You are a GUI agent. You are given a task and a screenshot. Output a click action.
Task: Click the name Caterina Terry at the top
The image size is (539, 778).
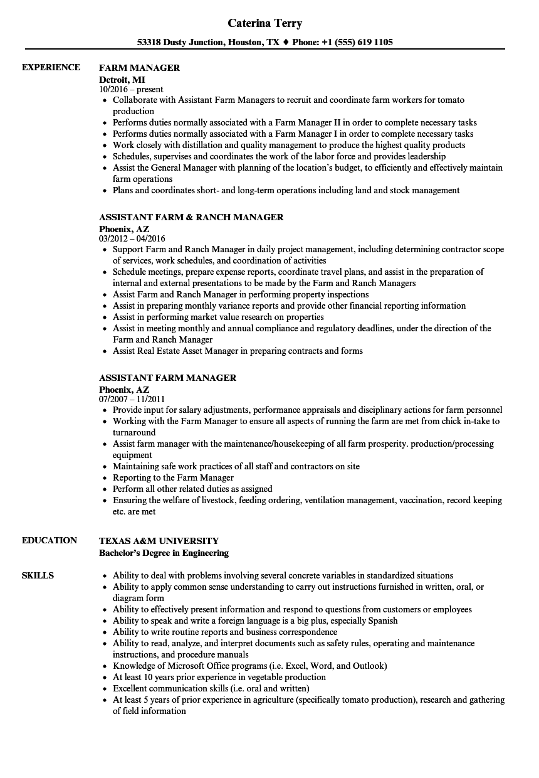[264, 23]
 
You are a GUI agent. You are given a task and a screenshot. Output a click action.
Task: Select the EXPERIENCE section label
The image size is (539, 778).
[51, 67]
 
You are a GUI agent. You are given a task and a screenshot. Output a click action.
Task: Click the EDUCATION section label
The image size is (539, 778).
[50, 540]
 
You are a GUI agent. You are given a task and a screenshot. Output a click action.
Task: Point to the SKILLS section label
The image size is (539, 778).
[38, 575]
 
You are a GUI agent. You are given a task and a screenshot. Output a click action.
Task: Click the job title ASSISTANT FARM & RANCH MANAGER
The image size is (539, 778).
[191, 217]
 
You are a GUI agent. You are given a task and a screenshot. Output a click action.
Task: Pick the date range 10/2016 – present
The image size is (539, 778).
[131, 90]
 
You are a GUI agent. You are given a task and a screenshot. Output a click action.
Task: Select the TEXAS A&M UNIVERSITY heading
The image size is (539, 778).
[159, 540]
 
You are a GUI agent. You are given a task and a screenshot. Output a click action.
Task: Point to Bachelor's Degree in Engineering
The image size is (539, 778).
[164, 553]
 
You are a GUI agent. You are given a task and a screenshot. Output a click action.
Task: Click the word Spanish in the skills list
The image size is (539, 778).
[383, 621]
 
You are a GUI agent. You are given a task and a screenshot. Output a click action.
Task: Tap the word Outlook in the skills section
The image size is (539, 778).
[368, 666]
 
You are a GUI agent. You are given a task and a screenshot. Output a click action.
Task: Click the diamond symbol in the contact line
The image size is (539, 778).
[286, 43]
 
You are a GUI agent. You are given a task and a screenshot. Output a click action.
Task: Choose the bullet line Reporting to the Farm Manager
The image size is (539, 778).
[173, 477]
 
